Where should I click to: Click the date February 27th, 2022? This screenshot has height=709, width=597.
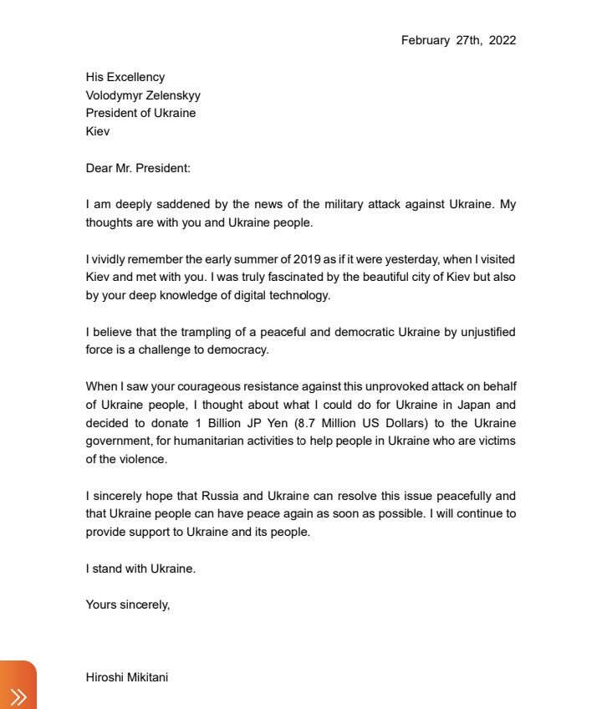tap(458, 40)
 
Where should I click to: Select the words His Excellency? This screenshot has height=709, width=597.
tap(125, 77)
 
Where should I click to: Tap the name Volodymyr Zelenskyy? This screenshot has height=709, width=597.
tap(143, 95)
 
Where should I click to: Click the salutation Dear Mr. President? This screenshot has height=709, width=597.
tap(138, 168)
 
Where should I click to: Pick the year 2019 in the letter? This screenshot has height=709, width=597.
tap(306, 259)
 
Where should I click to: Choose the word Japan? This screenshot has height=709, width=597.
tap(464, 405)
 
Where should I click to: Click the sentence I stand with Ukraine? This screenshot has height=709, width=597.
tap(140, 569)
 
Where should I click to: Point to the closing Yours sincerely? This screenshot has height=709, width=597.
tap(128, 604)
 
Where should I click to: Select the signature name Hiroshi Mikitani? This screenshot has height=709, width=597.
tap(127, 677)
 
